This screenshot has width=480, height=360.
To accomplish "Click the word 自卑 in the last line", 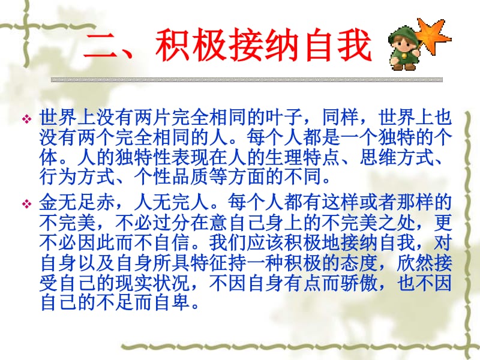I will point(177,304).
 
